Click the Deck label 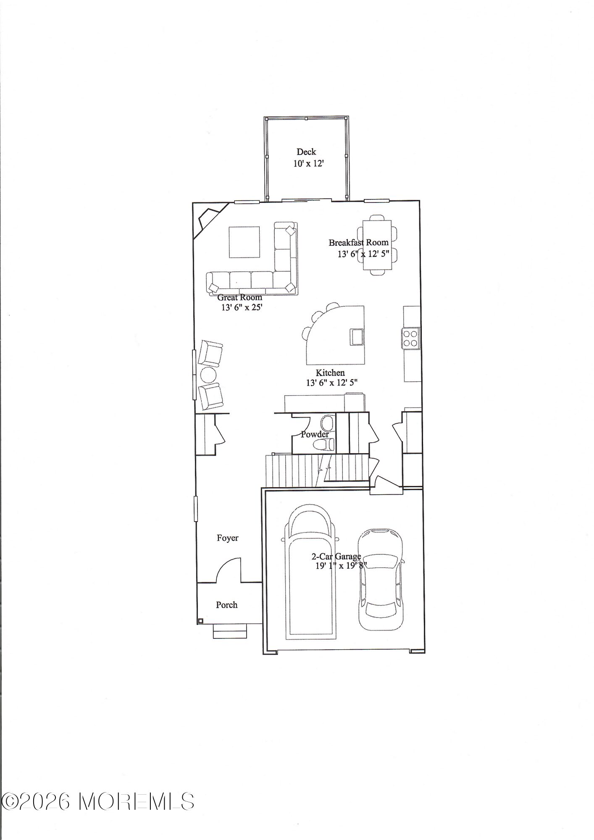[306, 152]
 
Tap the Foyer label [228, 538]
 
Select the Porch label [227, 605]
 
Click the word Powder [315, 434]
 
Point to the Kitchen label [330, 373]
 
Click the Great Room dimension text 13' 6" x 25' [242, 307]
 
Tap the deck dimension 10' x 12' [309, 163]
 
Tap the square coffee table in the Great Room [244, 242]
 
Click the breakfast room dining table [377, 245]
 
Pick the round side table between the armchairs [208, 375]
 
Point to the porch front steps [230, 631]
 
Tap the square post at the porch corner [201, 621]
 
